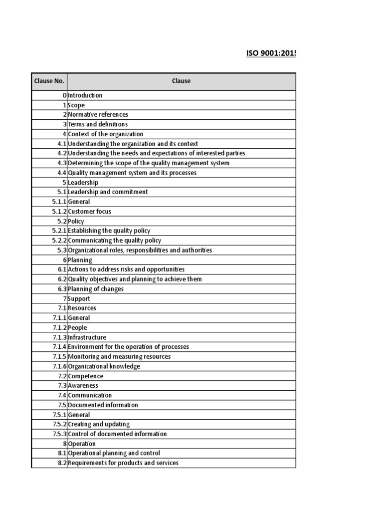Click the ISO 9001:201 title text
(270, 53)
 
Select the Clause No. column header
(49, 81)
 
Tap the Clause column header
(181, 81)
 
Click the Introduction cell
(85, 95)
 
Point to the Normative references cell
(98, 115)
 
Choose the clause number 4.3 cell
(62, 163)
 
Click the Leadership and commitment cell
(108, 192)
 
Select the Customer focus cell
(90, 212)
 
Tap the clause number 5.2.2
(59, 241)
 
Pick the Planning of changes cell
(96, 289)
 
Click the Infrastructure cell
(87, 337)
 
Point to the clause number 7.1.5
(59, 357)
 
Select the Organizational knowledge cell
(104, 366)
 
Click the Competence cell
(86, 376)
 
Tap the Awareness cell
(83, 386)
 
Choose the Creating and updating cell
(99, 424)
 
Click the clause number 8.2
(62, 463)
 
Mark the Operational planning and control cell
(114, 453)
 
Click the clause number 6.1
(62, 269)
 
